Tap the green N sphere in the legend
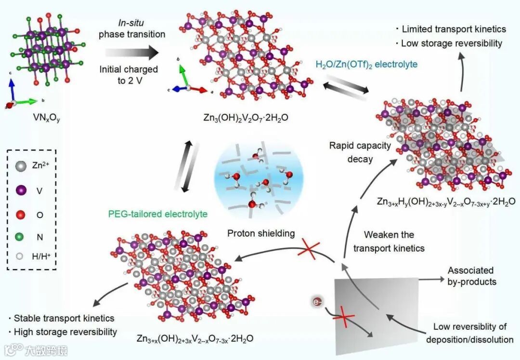pos(19,236)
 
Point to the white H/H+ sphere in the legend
pos(19,257)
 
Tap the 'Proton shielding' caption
pos(260,233)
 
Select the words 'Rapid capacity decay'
pos(360,152)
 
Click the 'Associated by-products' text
pos(471,276)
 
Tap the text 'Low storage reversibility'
pos(451,43)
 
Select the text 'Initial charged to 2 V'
pos(128,75)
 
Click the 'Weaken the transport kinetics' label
pos(389,241)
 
